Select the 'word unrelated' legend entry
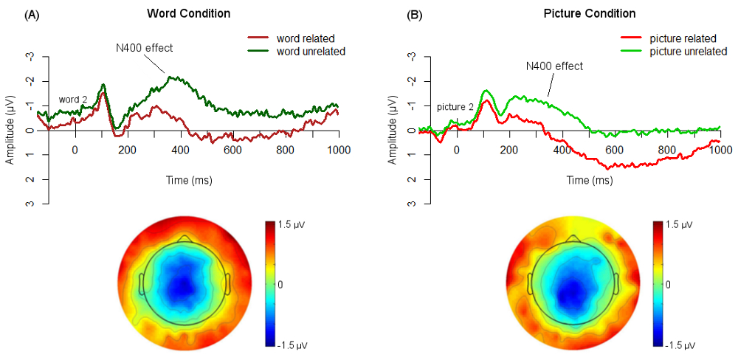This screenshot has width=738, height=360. (x=310, y=51)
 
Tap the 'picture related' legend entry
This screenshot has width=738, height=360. (x=684, y=38)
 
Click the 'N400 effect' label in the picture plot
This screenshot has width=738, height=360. (x=554, y=66)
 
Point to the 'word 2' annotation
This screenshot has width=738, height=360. (x=74, y=100)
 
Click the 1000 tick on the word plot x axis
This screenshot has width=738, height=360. (x=338, y=150)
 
